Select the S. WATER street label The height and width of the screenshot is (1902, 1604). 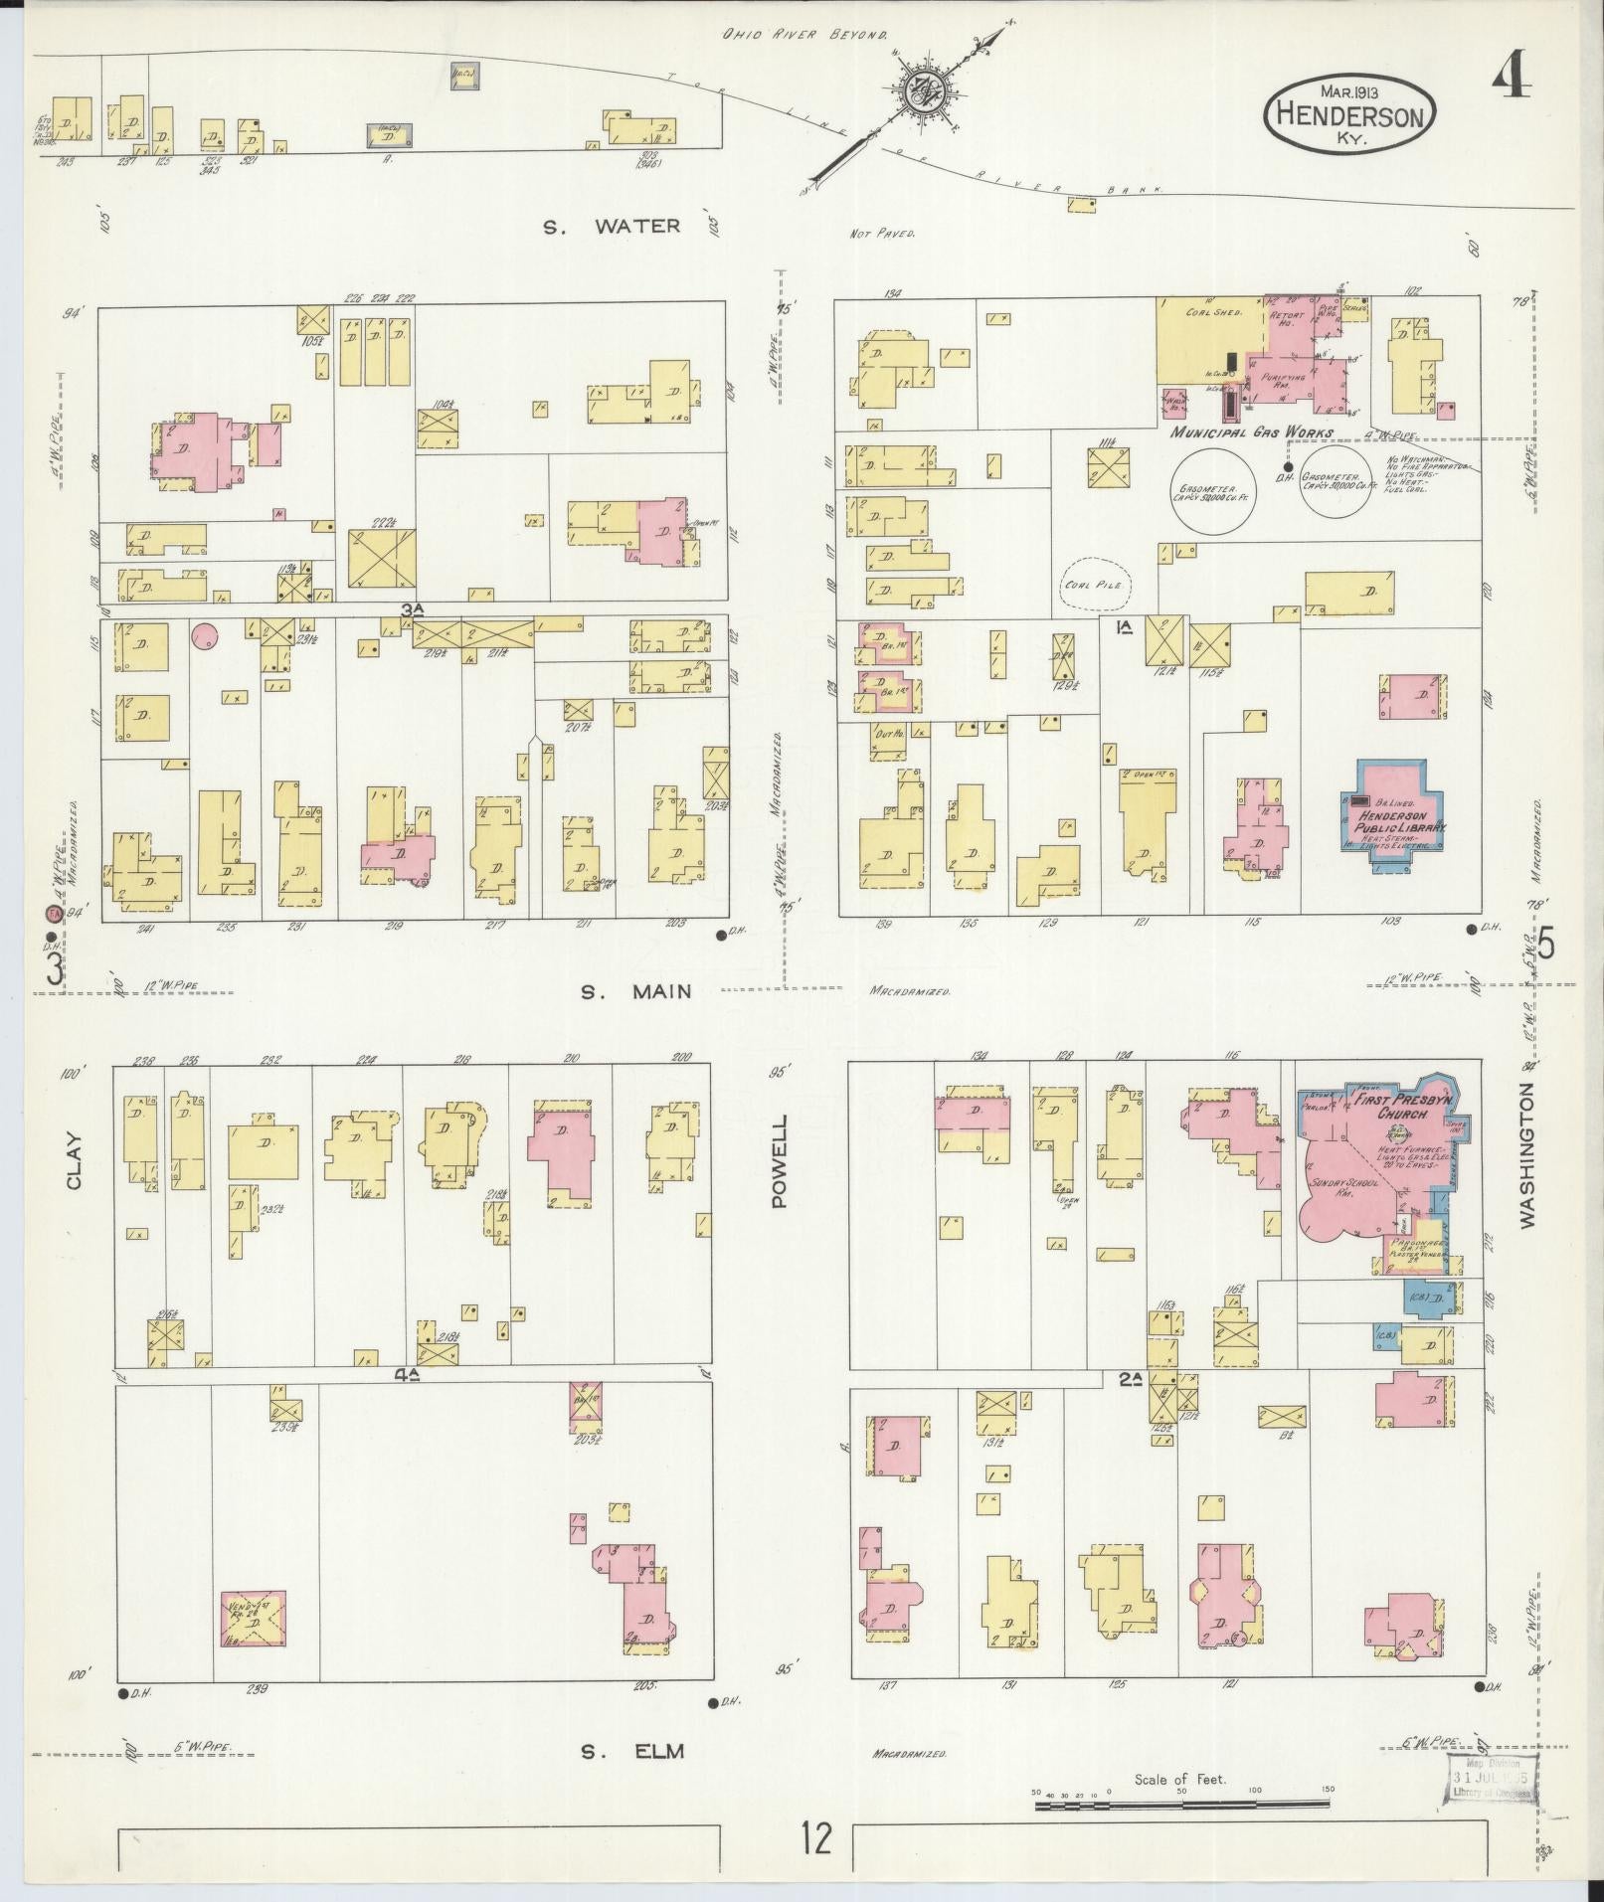[612, 227]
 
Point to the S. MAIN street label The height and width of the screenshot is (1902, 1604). [636, 991]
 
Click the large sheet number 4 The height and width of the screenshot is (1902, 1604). [1511, 75]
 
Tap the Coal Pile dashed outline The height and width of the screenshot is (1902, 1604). [1095, 584]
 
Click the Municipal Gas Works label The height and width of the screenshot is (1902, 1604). [1251, 433]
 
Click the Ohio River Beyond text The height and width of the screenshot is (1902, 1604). [803, 35]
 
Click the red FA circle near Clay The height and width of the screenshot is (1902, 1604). [49, 912]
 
